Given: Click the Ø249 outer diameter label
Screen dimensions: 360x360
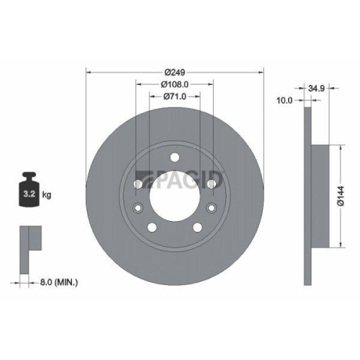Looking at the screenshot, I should tap(175, 73).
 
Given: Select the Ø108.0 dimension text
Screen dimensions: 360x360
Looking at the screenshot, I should tap(175, 84).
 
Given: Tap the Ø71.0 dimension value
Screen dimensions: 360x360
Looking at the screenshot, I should tap(175, 95).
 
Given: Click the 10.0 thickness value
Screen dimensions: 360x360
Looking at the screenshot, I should tap(284, 101).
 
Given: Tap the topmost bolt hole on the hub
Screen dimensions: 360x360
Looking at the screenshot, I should tap(175, 158).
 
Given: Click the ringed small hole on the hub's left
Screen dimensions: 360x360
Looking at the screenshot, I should tap(138, 209).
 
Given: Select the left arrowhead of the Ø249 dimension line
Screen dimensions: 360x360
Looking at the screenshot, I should tap(89, 72).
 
